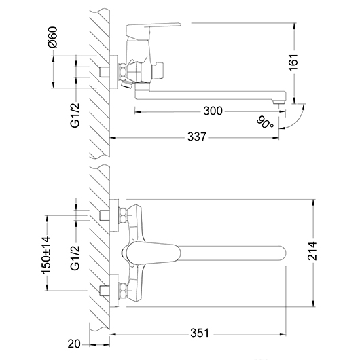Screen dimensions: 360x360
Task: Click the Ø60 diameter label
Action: click(x=52, y=37)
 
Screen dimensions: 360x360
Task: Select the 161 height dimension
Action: click(x=293, y=62)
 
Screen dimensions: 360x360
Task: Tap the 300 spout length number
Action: click(x=213, y=111)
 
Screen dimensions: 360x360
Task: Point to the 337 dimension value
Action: click(x=197, y=137)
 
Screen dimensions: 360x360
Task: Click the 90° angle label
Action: click(x=265, y=123)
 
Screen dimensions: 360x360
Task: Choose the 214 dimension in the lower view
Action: click(x=312, y=251)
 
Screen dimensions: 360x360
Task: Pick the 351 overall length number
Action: click(x=200, y=333)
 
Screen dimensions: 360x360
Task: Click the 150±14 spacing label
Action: click(x=46, y=255)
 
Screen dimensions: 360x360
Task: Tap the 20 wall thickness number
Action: click(x=74, y=344)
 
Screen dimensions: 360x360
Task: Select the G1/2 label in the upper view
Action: click(x=75, y=115)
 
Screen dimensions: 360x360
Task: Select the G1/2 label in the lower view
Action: click(x=75, y=258)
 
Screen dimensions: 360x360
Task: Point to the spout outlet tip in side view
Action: click(x=278, y=101)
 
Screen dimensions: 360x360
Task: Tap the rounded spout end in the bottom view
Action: click(x=282, y=253)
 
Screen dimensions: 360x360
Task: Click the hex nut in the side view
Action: click(x=123, y=71)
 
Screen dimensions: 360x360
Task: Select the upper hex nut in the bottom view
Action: click(x=123, y=215)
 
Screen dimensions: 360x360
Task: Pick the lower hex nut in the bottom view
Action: click(x=123, y=291)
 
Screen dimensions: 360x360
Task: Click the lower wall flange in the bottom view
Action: click(x=114, y=291)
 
